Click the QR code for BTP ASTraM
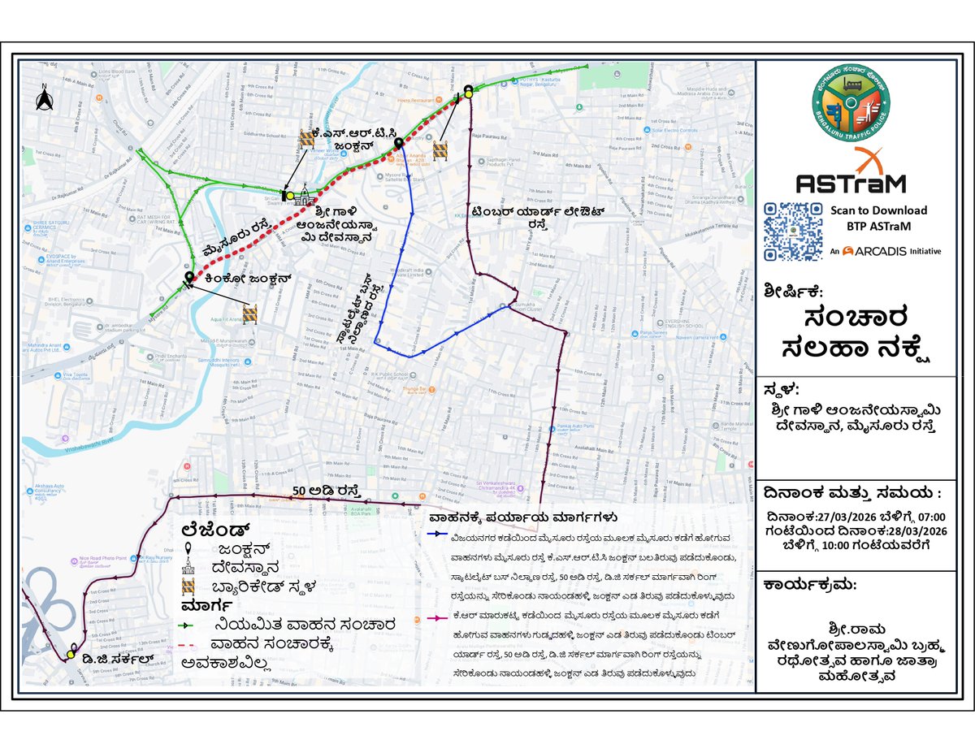coord(792,232)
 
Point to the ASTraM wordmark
coord(851,183)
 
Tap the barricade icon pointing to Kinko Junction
coord(249,314)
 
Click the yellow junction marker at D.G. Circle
coord(73,654)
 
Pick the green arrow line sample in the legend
coord(193,625)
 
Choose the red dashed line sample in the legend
coord(193,647)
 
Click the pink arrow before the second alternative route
coord(437,620)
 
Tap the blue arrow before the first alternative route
coord(437,536)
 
